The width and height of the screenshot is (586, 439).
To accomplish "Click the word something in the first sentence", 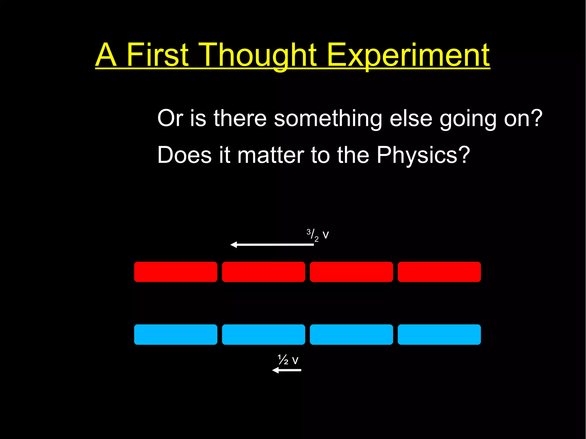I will [x=328, y=118].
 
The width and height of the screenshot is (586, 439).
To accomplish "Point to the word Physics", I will [x=423, y=155].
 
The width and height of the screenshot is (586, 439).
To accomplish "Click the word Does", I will [x=184, y=155].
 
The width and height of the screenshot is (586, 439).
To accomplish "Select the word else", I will [x=411, y=118].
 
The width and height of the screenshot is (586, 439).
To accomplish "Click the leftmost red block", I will [x=176, y=272].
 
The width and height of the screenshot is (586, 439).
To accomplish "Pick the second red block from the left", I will [x=264, y=272].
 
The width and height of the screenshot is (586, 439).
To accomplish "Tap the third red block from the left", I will [x=351, y=272].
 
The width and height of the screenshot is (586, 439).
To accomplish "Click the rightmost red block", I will [x=439, y=272].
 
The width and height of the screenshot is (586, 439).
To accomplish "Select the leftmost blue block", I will [x=176, y=334].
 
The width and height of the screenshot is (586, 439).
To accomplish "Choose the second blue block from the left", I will [x=264, y=334].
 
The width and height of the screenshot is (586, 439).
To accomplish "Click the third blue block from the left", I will [x=351, y=334].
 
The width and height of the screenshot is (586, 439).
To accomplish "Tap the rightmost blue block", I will [x=439, y=334].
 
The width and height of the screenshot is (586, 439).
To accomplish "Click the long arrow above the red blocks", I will [x=272, y=245].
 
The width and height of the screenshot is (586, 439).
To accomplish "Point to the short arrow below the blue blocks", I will [x=286, y=370].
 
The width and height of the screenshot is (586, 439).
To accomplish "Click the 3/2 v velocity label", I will [x=317, y=235].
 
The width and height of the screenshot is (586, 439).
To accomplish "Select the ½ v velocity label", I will [x=288, y=360].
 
